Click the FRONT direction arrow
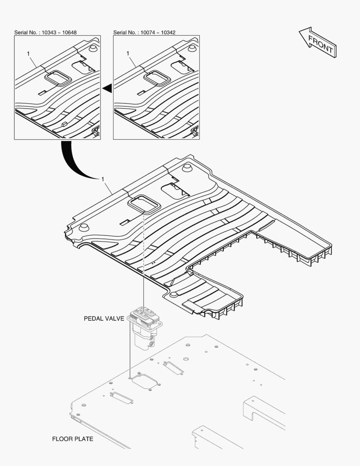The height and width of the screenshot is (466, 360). (317, 42)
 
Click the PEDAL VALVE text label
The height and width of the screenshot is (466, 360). (104, 318)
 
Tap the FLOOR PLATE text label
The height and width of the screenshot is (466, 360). (72, 439)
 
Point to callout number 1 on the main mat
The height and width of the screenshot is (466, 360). (103, 179)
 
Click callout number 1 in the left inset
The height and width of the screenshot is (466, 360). (28, 54)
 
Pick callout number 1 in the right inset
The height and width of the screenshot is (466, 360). (128, 53)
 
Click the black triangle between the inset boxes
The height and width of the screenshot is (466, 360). (107, 88)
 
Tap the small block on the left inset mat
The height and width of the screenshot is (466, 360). (64, 124)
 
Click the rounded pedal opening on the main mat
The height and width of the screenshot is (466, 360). (144, 204)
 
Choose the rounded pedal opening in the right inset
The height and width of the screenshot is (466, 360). (157, 78)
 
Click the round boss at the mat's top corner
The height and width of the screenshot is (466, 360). (187, 168)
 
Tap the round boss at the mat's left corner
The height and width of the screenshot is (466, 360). (84, 228)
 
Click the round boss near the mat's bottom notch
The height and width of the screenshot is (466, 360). (174, 295)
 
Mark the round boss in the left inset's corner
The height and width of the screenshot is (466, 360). (94, 48)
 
